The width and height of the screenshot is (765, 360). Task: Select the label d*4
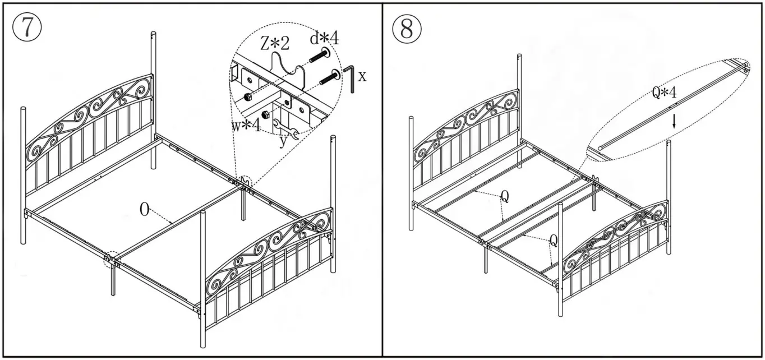[325, 38]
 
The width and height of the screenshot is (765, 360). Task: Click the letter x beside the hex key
[362, 76]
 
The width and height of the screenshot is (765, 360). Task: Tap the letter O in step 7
[145, 210]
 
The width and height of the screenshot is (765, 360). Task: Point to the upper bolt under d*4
[318, 56]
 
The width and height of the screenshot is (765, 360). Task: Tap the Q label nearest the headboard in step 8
[504, 196]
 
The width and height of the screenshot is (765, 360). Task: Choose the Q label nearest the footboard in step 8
[553, 241]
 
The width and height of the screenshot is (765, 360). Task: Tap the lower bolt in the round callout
[329, 78]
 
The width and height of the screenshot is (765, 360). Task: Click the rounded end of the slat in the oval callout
[601, 149]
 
